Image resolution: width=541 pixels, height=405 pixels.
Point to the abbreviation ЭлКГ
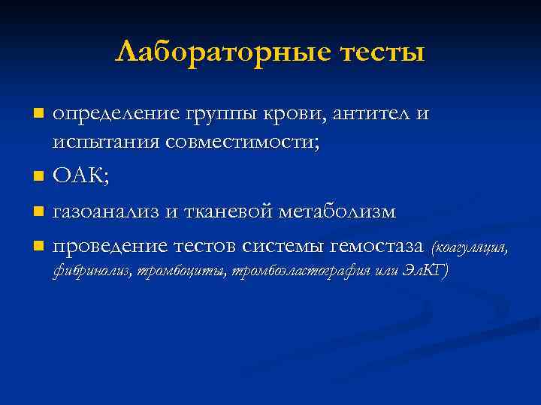(x=426, y=271)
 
